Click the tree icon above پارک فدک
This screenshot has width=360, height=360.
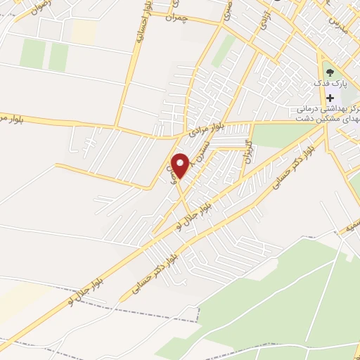[x=330, y=71]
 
